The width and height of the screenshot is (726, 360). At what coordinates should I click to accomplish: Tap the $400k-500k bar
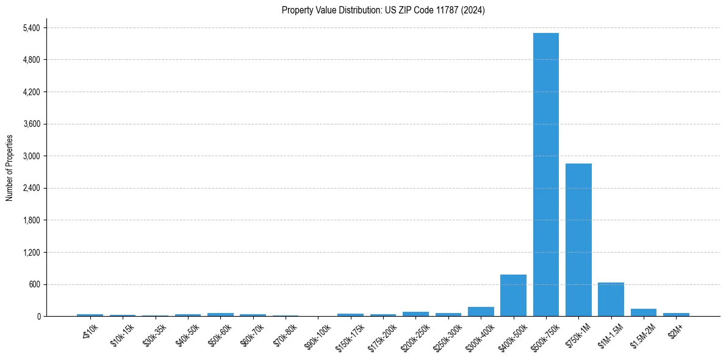513,295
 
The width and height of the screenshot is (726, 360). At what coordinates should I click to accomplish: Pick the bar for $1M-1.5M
611,300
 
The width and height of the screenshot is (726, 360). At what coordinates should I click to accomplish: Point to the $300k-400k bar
481,312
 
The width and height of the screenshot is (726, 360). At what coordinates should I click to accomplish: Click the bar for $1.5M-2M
644,312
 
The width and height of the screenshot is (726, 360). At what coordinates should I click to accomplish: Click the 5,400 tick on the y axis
31,28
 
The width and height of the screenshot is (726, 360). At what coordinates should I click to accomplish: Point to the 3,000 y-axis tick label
31,156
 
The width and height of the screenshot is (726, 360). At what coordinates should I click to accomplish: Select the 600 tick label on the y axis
34,284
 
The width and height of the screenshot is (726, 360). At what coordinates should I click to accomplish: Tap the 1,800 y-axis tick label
31,220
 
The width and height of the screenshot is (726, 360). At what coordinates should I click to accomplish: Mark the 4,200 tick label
31,92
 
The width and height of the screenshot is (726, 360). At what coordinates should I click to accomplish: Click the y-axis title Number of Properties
9,168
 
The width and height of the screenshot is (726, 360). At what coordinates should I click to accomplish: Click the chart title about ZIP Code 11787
383,10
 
